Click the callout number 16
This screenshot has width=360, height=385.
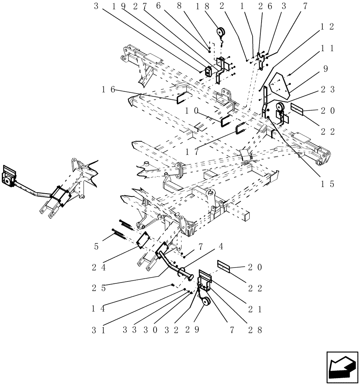click(108, 89)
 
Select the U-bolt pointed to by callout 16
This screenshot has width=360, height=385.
click(182, 98)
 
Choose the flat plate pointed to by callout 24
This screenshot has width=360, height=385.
click(144, 240)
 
